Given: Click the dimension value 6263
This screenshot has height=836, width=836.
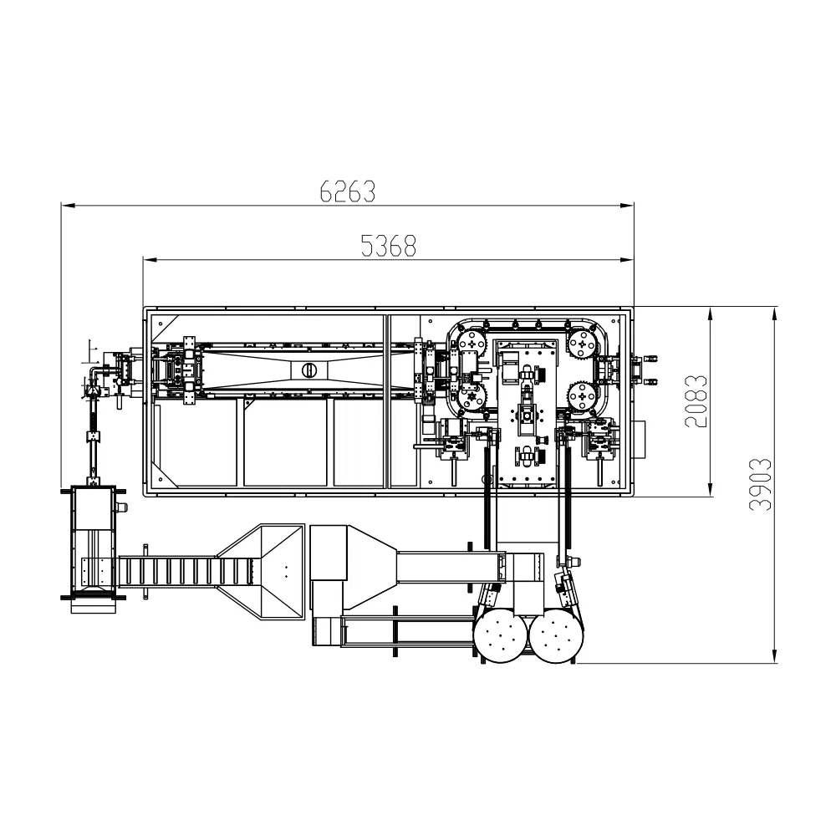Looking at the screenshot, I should pyautogui.click(x=347, y=191).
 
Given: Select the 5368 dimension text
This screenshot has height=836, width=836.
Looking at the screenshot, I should pyautogui.click(x=388, y=246).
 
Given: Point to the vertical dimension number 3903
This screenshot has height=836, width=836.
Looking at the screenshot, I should pyautogui.click(x=760, y=485).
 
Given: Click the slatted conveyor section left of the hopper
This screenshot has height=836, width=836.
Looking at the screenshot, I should pyautogui.click(x=184, y=573).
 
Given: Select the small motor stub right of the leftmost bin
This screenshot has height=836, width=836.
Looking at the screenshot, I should pyautogui.click(x=122, y=507).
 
